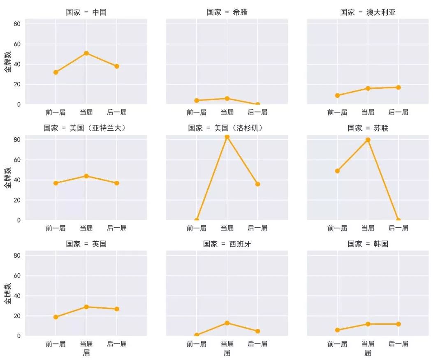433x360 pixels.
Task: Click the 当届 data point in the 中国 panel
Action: (86, 53)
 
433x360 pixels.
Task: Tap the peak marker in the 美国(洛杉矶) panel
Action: (227, 137)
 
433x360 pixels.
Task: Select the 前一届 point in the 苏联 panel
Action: (337, 171)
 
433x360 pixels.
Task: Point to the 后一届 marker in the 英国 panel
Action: (117, 309)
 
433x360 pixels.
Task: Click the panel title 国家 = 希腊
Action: (227, 12)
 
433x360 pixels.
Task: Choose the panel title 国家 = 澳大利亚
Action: (368, 12)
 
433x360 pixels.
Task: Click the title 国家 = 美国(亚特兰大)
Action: (86, 128)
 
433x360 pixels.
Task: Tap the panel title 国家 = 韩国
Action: (368, 244)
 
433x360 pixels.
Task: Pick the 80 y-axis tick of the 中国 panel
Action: (17, 24)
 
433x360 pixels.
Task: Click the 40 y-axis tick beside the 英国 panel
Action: (17, 296)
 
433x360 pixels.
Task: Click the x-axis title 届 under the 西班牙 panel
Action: (227, 353)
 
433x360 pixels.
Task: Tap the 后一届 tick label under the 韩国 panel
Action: (398, 344)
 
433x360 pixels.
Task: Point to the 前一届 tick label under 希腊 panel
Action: (197, 112)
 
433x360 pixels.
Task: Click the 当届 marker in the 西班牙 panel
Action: (227, 323)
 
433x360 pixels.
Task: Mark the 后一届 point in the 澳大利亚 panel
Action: (398, 87)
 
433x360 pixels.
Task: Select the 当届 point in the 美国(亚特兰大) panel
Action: (86, 176)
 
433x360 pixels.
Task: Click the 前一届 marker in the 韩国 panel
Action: (337, 330)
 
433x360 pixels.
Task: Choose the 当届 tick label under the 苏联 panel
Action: (368, 228)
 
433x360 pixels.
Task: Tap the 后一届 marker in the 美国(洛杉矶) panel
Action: (257, 184)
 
